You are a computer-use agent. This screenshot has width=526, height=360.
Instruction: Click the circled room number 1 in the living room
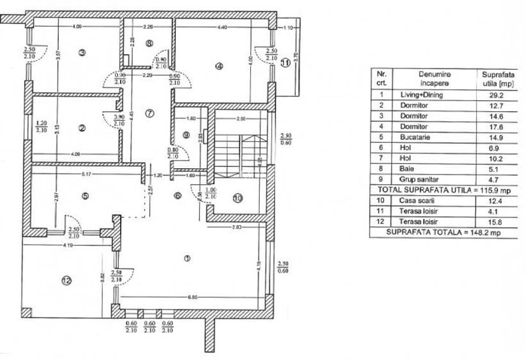[187, 259]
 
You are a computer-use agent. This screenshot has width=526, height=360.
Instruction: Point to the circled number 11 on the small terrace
[285, 62]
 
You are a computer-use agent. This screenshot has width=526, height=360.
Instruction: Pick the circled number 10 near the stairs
[237, 198]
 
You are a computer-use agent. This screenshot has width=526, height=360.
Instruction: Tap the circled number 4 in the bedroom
[219, 65]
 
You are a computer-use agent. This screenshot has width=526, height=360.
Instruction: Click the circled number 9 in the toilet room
[186, 135]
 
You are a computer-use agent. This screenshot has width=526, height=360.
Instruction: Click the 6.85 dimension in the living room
[185, 297]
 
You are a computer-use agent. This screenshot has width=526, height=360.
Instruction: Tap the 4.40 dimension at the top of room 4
[223, 27]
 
